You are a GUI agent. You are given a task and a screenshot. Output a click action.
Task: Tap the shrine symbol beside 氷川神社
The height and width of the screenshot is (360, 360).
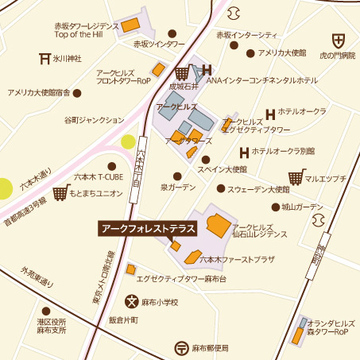pyautogui.click(x=45, y=57)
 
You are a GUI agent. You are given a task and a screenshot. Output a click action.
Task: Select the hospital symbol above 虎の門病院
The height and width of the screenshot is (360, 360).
pyautogui.click(x=339, y=41)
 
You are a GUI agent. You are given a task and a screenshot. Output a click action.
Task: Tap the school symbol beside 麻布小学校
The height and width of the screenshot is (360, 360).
pyautogui.click(x=131, y=301)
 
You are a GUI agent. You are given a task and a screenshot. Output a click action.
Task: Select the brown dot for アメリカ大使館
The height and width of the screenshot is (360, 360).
pyautogui.click(x=250, y=53)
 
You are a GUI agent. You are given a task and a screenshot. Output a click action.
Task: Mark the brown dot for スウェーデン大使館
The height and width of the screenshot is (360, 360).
pyautogui.click(x=220, y=189)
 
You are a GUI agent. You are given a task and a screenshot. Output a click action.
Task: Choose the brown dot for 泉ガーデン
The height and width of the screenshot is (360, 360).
pyautogui.click(x=177, y=176)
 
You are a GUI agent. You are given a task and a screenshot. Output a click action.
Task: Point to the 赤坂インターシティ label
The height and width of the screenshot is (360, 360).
pyautogui.click(x=247, y=35)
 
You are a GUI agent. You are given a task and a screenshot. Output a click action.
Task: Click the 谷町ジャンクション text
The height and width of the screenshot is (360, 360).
pyautogui.click(x=95, y=119)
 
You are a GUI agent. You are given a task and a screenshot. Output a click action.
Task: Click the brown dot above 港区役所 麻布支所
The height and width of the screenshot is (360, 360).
pyautogui.click(x=45, y=311)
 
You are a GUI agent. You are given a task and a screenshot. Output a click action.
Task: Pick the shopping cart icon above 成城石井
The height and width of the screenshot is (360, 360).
pyautogui.click(x=182, y=73)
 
